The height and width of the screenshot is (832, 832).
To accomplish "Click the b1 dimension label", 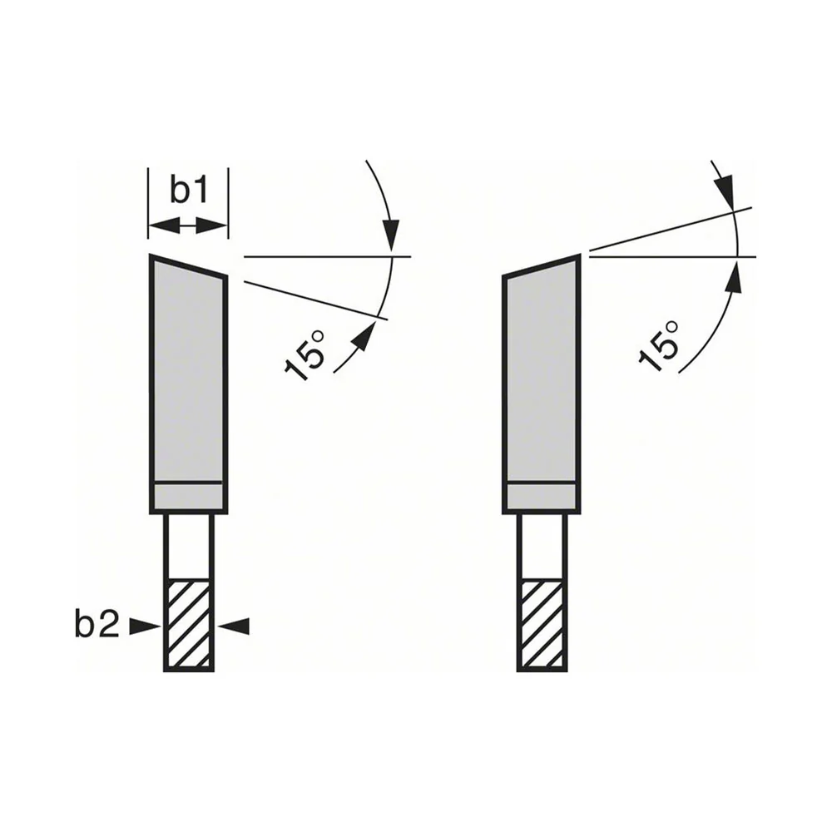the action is pyautogui.click(x=189, y=191).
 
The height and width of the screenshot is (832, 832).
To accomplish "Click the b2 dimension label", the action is pyautogui.click(x=97, y=626).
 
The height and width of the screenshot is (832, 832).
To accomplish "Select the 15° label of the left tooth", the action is pyautogui.click(x=305, y=355).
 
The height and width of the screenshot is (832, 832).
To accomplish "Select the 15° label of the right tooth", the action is pyautogui.click(x=658, y=345).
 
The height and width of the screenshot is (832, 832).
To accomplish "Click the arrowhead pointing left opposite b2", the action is pyautogui.click(x=233, y=626).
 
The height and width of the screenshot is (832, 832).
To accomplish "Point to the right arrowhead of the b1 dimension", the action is pyautogui.click(x=212, y=226).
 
